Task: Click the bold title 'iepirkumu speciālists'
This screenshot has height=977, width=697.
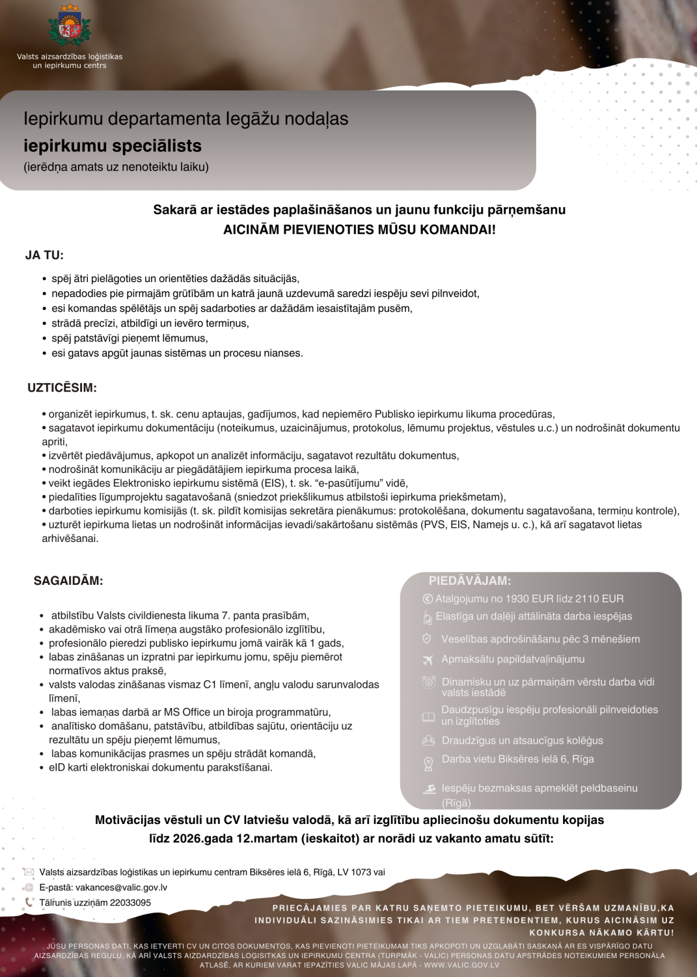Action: point(113,145)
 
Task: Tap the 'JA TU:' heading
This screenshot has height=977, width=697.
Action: point(44,255)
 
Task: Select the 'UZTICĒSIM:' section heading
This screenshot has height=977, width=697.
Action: point(62,388)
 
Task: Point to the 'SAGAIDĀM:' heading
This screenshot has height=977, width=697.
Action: point(68,581)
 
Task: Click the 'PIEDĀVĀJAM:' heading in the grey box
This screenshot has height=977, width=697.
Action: point(469,580)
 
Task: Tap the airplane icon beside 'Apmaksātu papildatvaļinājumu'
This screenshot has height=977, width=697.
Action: point(428,660)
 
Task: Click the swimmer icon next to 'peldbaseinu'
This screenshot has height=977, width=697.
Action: point(429,789)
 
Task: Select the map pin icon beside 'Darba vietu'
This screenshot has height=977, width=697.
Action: point(428,763)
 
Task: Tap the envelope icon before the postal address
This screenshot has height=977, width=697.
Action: point(28,872)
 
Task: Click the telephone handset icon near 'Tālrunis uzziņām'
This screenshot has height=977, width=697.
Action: point(29,903)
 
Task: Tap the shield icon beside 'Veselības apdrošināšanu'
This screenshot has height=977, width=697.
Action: point(427,639)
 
